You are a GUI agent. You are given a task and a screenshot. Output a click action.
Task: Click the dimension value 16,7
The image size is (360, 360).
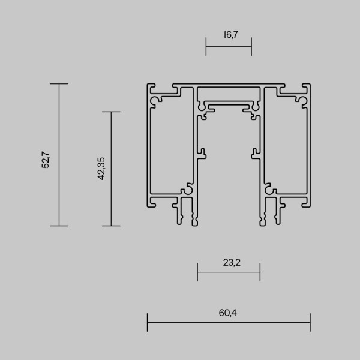(x=229, y=35)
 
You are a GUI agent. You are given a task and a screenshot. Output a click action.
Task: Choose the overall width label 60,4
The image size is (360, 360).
(x=229, y=311)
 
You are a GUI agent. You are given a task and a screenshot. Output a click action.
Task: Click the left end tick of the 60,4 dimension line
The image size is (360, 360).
(x=147, y=322)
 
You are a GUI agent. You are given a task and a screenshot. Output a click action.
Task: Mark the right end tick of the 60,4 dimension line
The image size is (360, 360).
(x=310, y=322)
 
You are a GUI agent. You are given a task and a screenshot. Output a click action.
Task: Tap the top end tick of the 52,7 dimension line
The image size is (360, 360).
(x=59, y=84)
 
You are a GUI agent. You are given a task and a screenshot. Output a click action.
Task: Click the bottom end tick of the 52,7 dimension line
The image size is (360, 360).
(x=59, y=226)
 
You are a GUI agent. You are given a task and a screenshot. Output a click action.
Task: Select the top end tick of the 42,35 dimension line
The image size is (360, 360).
(x=111, y=112)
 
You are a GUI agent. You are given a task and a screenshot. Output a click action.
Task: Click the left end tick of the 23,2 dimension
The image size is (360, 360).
(x=197, y=271)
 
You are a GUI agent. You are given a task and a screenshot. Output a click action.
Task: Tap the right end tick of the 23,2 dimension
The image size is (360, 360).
(x=260, y=271)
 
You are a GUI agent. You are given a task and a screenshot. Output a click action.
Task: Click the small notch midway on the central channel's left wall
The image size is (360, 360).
(x=202, y=152)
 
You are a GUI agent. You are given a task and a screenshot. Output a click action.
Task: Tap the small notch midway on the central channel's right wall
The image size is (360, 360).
(x=255, y=152)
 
